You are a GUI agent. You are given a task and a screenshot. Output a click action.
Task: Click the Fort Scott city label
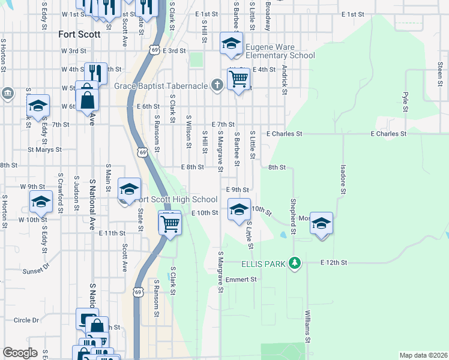[x=79, y=34]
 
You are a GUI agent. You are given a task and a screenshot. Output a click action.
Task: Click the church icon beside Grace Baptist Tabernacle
[x=217, y=86]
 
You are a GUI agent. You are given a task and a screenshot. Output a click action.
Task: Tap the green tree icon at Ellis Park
[x=294, y=263]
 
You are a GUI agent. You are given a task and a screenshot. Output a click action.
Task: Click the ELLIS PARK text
[x=264, y=263]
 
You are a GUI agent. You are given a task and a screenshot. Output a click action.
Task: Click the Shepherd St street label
[x=294, y=213]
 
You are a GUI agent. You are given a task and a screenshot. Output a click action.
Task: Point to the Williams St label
[x=307, y=326]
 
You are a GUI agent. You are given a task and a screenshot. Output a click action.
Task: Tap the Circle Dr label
[x=26, y=320]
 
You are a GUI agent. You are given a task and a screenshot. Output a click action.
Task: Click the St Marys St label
[x=44, y=149]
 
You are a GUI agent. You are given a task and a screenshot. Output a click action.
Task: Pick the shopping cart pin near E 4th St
[x=239, y=79]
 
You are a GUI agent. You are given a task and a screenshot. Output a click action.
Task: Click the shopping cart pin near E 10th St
[x=170, y=223]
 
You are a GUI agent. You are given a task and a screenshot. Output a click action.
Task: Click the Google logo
[x=20, y=353]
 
